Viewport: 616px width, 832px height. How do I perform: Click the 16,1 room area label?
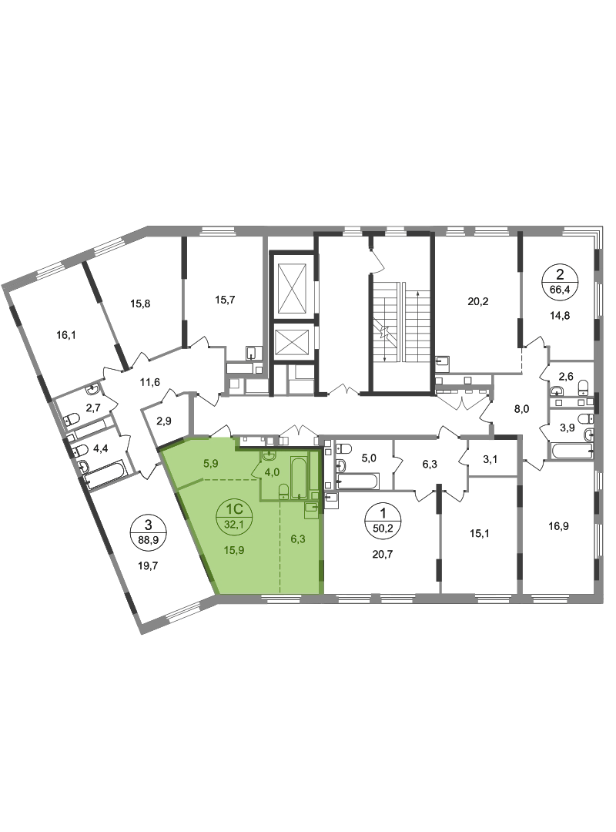point(66,335)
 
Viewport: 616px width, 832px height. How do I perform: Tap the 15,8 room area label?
point(140,304)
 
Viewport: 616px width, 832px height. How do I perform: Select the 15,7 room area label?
point(225,300)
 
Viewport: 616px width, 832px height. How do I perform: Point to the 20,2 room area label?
point(477,301)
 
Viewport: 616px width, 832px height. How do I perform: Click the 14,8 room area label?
point(560,316)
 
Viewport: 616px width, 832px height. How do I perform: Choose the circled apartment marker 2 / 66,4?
point(560,282)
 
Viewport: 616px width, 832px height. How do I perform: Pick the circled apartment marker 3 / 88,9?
point(148,532)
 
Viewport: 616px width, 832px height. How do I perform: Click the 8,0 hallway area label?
point(522,409)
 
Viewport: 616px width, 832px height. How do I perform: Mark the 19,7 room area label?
point(148,565)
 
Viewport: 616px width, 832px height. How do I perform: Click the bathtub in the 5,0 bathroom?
point(358,481)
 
